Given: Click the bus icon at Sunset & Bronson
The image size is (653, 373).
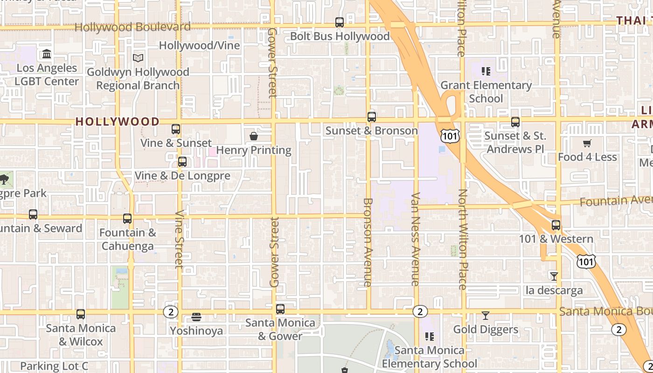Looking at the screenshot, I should pos(372,117).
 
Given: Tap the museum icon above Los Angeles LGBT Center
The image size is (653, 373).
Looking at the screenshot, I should pos(47,54).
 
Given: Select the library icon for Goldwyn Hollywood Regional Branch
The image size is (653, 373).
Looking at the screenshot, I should pos(138,58).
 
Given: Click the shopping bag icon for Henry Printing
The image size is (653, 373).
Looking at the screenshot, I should pos(254,136).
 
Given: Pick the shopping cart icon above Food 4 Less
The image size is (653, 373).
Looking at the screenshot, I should pos(587,144).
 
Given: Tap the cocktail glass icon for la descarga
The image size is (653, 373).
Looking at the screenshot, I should pos(554,276).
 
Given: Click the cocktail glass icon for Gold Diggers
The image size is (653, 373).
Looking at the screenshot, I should pos(486,316).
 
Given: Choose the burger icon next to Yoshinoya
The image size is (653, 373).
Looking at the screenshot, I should pos(196,318).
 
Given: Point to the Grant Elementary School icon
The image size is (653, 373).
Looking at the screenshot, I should pos(486,71).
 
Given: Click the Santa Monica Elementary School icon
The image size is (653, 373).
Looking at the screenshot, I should pos(430,336).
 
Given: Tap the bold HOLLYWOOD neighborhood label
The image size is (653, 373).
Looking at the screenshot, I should pos(118,122).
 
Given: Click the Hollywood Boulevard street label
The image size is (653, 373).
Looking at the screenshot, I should pos(132,27).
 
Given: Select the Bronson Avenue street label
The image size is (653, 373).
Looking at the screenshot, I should pos(368,242).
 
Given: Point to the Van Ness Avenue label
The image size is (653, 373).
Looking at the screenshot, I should pos(415,239).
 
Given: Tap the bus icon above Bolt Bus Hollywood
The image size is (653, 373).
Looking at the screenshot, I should pos(340,22).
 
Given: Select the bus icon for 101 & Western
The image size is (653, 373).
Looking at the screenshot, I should pos(556,225).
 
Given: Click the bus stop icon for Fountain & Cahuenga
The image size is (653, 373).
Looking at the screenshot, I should pos(127,218).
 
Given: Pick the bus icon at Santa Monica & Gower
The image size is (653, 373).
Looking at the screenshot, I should pos(280,309).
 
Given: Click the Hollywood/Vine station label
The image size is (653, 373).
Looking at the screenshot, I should pos(199,45).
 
